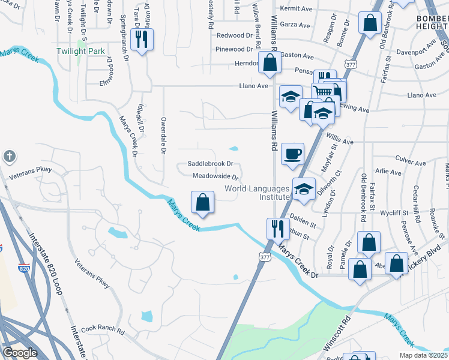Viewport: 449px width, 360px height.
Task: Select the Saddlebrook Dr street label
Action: click(210, 164)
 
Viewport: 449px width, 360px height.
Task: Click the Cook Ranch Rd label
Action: click(103, 330)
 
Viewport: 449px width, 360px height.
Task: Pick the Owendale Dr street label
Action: click(162, 135)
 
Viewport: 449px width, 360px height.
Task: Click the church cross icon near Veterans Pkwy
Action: click(9, 157)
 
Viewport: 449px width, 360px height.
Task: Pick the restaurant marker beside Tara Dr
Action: click(142, 40)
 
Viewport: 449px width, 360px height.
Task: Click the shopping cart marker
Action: click(323, 92)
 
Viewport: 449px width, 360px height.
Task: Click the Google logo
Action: click(20, 353)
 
